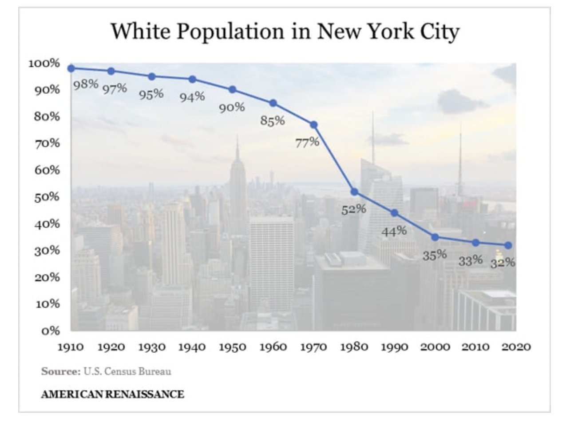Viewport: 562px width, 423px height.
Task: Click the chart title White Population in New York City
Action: tap(285, 32)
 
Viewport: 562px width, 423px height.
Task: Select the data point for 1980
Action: tap(354, 192)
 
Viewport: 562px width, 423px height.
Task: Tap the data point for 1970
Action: tap(314, 125)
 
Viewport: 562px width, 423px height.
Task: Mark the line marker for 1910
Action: tap(71, 68)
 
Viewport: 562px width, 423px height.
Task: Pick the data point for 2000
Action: tap(435, 237)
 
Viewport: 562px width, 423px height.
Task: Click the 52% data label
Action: tap(354, 210)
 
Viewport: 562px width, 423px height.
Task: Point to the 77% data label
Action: tap(308, 142)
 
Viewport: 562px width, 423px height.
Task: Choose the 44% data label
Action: tap(394, 231)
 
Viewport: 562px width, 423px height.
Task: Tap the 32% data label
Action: tap(503, 263)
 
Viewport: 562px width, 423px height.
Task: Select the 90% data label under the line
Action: tap(232, 107)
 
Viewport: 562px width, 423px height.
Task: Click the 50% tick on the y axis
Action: tap(47, 197)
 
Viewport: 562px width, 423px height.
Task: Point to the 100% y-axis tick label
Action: tap(44, 64)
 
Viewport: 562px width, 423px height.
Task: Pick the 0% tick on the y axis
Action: tap(50, 331)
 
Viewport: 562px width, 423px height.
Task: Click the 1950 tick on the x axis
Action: tap(233, 347)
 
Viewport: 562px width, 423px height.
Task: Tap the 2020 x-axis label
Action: tap(516, 347)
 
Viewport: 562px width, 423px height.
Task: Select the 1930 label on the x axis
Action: tap(152, 347)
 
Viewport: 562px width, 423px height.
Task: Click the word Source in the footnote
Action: tap(61, 371)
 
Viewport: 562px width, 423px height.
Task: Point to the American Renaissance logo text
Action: tap(113, 394)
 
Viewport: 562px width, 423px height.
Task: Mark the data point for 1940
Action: tap(193, 79)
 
